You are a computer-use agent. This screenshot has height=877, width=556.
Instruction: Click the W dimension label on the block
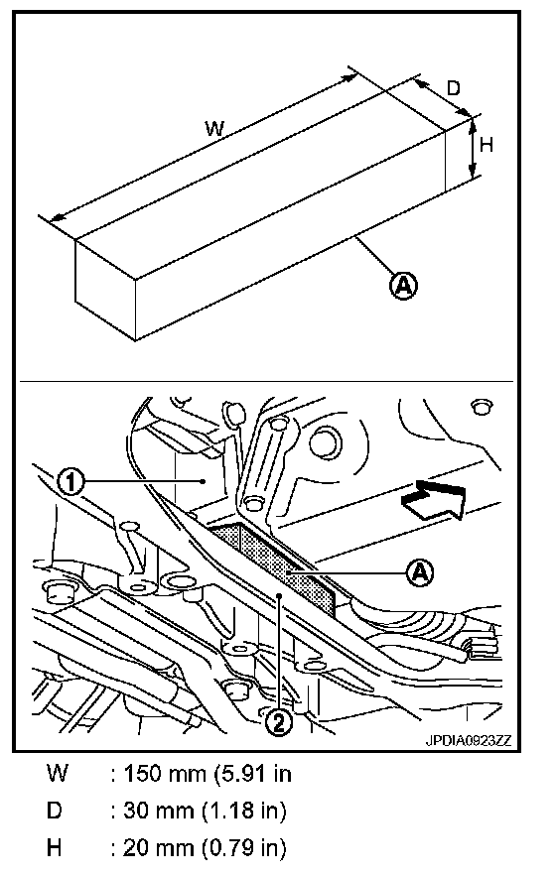(x=214, y=129)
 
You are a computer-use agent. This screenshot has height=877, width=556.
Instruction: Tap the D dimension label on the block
(x=453, y=88)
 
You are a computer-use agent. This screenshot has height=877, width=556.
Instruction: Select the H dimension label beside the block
(x=486, y=145)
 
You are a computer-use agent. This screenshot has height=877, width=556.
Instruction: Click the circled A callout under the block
(x=403, y=286)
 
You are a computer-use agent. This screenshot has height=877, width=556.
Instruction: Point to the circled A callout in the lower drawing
(x=420, y=572)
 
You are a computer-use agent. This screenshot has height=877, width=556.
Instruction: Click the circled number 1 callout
(x=71, y=480)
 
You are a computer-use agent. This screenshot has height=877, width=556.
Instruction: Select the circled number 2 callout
(x=278, y=722)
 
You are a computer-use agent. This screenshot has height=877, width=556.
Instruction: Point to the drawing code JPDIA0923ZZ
(x=469, y=740)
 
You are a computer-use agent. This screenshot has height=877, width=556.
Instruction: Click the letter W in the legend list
(x=58, y=774)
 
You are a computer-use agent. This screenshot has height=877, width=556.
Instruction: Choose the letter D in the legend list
(x=55, y=810)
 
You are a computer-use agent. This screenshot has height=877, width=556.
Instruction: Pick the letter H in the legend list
(x=55, y=848)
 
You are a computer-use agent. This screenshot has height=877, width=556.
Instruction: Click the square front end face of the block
(x=106, y=290)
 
